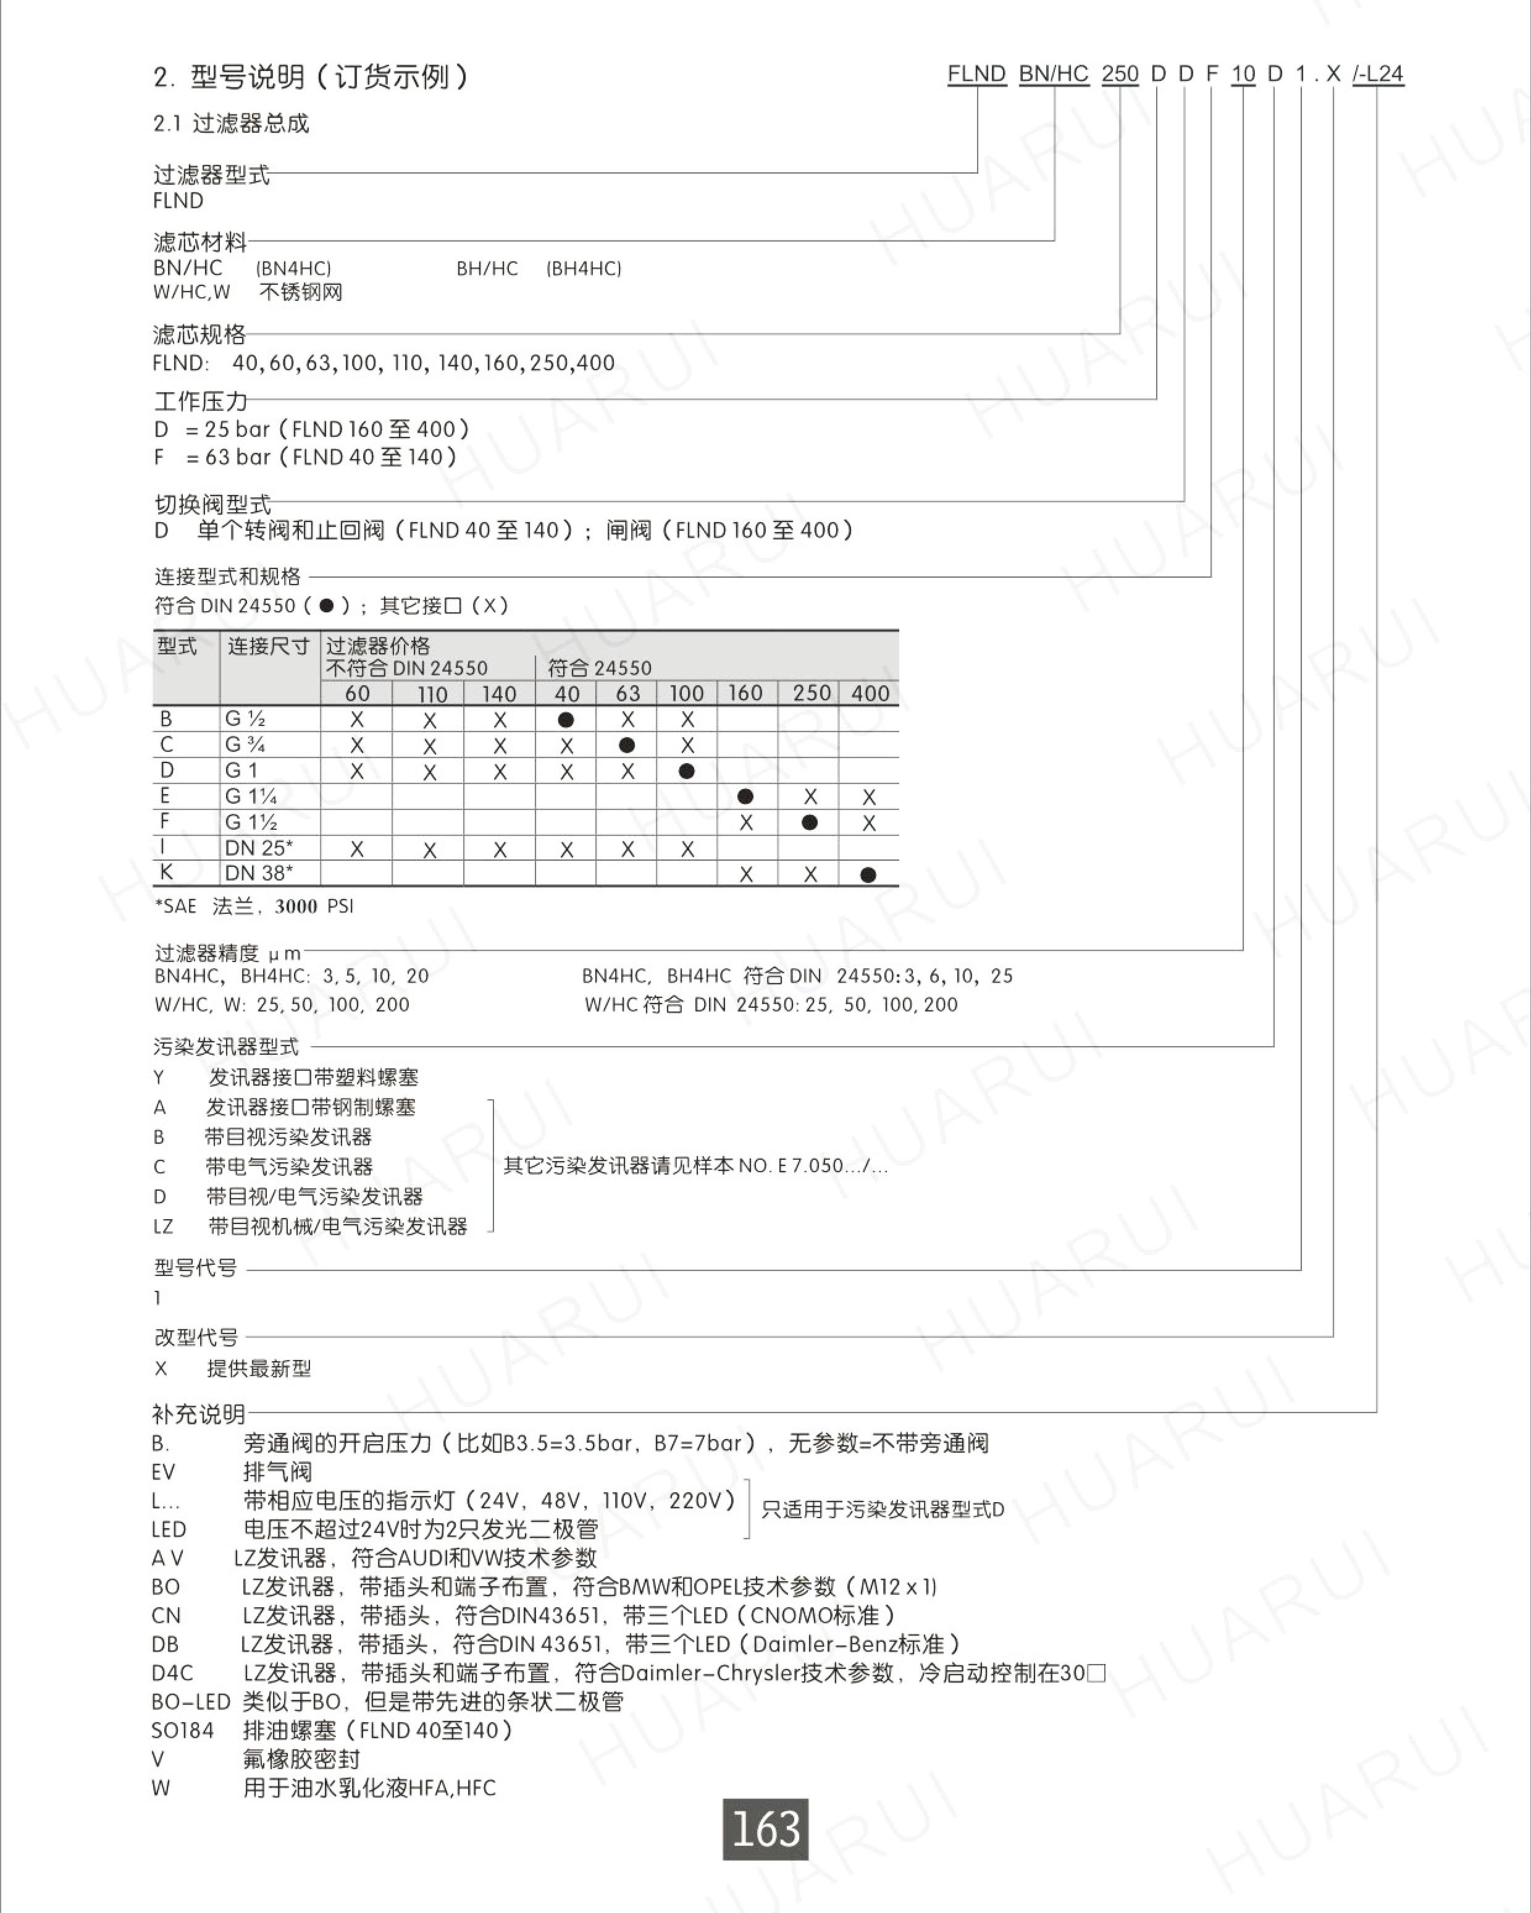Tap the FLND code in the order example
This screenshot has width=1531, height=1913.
[976, 74]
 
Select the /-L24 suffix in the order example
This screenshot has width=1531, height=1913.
[1378, 74]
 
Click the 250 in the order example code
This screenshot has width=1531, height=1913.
[1120, 74]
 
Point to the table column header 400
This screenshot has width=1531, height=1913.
[870, 693]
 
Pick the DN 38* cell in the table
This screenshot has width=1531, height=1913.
[258, 873]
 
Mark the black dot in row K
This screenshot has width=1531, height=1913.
[868, 875]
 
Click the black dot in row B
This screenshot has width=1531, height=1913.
[566, 720]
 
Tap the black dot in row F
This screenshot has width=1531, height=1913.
[809, 822]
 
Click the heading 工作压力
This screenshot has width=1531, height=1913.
[201, 401]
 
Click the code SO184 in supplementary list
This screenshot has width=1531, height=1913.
[183, 1730]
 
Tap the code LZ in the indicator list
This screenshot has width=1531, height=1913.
[163, 1227]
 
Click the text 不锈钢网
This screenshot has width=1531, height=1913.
[301, 292]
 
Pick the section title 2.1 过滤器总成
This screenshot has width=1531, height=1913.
[232, 124]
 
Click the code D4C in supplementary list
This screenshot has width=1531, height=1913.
[172, 1673]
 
